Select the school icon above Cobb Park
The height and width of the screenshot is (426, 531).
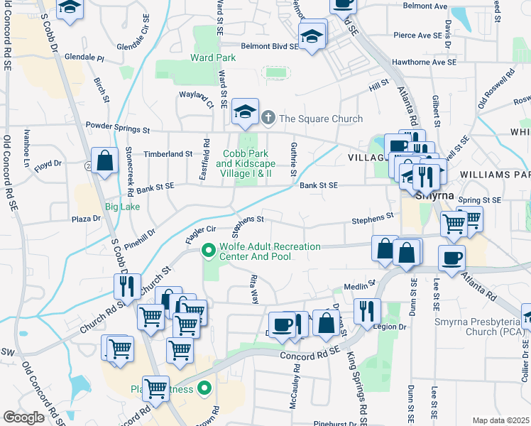246,111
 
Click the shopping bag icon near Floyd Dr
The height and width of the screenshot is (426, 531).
105,160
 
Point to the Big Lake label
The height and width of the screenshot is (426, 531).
122,207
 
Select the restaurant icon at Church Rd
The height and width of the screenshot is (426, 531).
127,286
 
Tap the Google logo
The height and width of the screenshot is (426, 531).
23,417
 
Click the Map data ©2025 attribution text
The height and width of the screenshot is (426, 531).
500,420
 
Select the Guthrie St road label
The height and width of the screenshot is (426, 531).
292,160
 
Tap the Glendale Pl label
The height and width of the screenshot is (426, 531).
84,57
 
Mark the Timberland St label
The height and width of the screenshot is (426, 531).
168,153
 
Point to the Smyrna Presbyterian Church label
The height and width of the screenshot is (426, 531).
479,327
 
